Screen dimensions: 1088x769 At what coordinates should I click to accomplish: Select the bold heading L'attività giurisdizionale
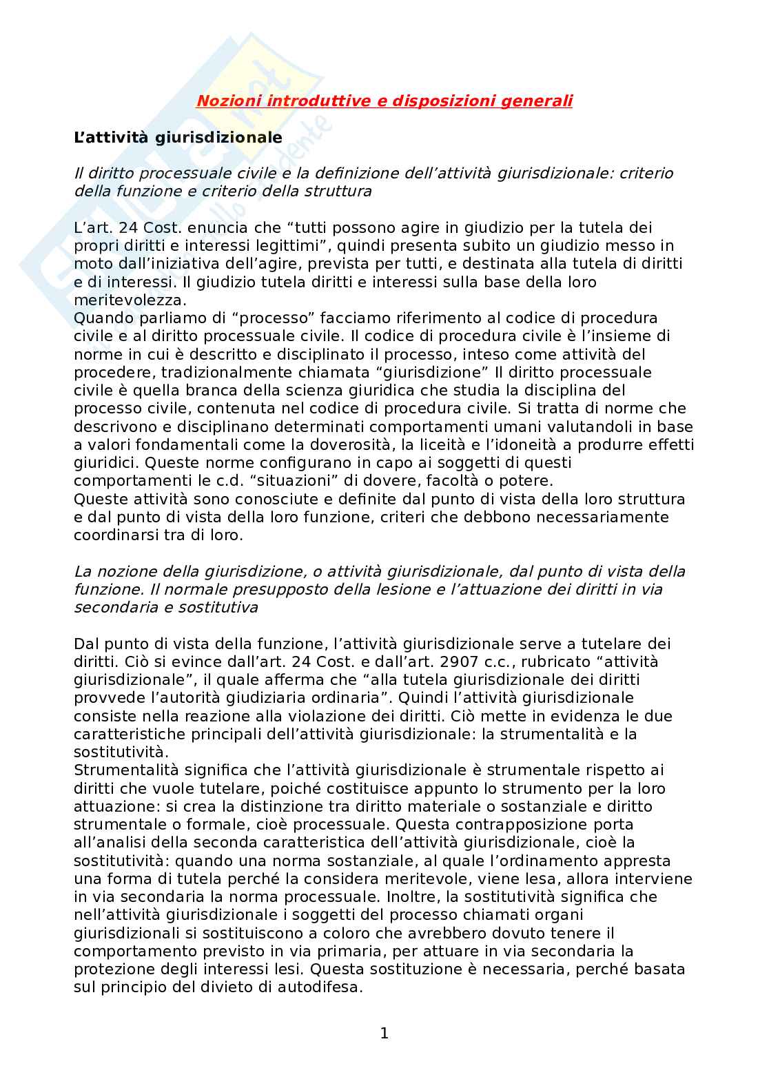(x=178, y=137)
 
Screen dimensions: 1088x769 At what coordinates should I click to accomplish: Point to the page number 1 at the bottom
(x=384, y=1034)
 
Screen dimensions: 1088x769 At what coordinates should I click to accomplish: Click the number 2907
(x=436, y=662)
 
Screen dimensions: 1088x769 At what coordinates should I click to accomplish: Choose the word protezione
(x=113, y=969)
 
